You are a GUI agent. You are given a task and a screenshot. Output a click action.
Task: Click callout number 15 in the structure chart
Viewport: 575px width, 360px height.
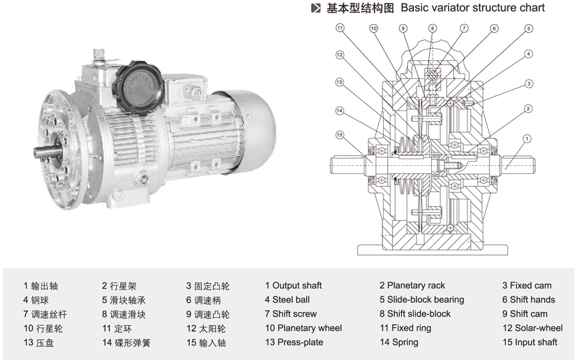tap(340, 135)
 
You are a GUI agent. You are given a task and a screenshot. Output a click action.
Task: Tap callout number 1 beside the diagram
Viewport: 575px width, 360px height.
tap(527, 139)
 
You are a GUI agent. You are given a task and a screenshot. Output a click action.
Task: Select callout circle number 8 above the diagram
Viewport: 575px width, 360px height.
tap(433, 29)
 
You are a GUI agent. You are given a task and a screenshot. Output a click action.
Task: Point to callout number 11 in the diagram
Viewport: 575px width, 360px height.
tap(340, 28)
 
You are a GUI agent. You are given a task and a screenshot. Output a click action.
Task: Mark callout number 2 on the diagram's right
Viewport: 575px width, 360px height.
tap(528, 108)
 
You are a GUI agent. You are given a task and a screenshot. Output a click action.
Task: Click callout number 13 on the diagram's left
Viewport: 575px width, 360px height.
tap(340, 82)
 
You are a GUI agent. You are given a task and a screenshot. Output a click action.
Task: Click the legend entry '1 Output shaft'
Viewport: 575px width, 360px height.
tap(293, 286)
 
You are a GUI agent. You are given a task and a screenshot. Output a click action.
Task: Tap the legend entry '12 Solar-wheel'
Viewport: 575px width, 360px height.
tap(532, 328)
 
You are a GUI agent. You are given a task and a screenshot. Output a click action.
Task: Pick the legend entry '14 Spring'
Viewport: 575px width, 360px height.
tap(398, 342)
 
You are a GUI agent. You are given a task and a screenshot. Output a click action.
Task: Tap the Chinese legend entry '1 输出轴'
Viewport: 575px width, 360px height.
tap(41, 286)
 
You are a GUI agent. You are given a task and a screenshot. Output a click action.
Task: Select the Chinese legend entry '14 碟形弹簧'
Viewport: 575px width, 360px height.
tap(126, 343)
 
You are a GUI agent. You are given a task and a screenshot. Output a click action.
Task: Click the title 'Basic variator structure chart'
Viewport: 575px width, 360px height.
tap(472, 8)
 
